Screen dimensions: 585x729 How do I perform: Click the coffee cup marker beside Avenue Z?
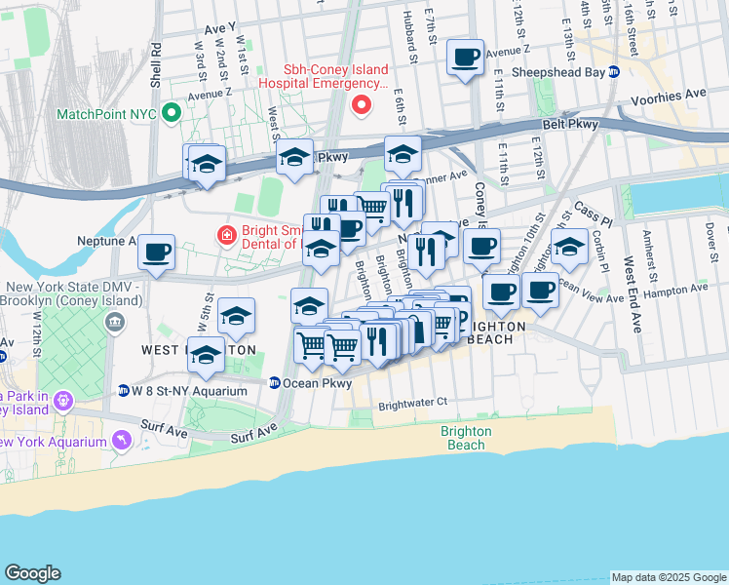(466, 57)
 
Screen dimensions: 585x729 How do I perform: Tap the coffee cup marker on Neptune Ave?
(156, 253)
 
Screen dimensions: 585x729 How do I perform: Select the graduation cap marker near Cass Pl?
(569, 248)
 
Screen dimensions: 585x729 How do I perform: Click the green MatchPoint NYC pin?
(173, 113)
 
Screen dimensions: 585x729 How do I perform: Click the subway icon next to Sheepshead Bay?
(613, 71)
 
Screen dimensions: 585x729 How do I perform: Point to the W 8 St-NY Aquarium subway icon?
(124, 391)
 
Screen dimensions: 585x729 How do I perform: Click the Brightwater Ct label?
(412, 402)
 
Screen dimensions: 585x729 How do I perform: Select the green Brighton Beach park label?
(466, 438)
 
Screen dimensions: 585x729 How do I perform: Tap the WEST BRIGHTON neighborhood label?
(198, 350)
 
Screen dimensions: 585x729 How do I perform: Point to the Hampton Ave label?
(678, 291)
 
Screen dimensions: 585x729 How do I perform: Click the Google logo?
(32, 573)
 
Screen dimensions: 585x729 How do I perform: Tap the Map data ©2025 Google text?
(668, 577)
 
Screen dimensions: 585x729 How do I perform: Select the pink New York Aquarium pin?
(122, 442)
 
